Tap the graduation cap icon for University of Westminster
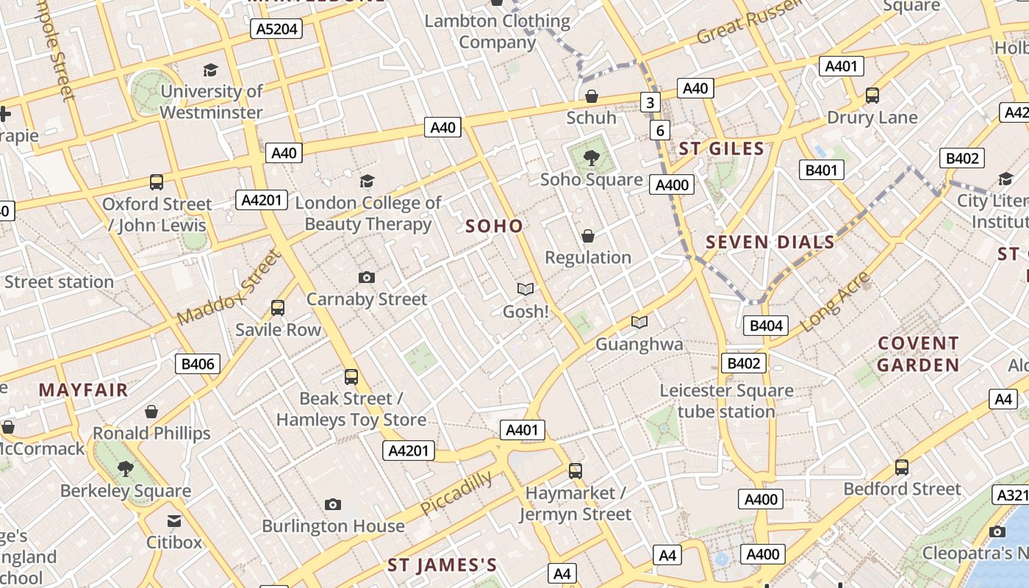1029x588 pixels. click(x=211, y=70)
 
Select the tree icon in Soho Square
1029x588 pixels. click(x=590, y=157)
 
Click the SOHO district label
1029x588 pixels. click(x=495, y=226)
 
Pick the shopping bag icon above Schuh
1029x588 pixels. click(x=591, y=96)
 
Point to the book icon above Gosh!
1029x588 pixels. click(x=525, y=290)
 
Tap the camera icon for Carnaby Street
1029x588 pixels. click(x=366, y=277)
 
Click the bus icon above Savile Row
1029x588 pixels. click(x=278, y=308)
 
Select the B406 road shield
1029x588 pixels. click(x=198, y=363)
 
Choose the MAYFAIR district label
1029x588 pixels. click(x=83, y=390)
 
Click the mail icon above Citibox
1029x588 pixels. click(x=174, y=521)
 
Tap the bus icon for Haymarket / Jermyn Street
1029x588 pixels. click(x=576, y=470)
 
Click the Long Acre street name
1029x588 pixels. click(x=834, y=301)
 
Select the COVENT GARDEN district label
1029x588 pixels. click(x=918, y=354)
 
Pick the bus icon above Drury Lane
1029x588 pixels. click(x=872, y=96)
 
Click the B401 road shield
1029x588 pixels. click(x=821, y=170)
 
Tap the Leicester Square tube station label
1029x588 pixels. click(x=726, y=401)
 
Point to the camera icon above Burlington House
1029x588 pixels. click(x=333, y=504)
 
